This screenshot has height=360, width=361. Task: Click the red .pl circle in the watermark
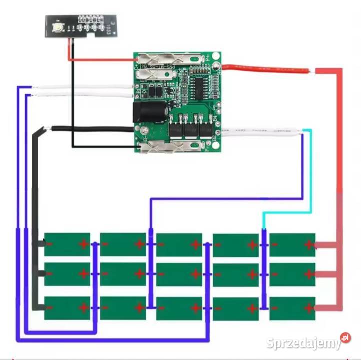[345, 338]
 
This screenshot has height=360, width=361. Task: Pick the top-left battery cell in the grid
[67, 244]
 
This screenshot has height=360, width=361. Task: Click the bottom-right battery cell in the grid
[292, 308]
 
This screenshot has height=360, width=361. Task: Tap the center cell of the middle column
[179, 274]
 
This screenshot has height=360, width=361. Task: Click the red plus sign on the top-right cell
[309, 244]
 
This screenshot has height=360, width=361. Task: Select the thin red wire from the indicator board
[100, 60]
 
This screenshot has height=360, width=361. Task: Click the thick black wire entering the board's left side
[90, 129]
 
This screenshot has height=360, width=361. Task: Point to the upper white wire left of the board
[82, 87]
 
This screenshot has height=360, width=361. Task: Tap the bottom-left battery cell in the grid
[67, 308]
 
